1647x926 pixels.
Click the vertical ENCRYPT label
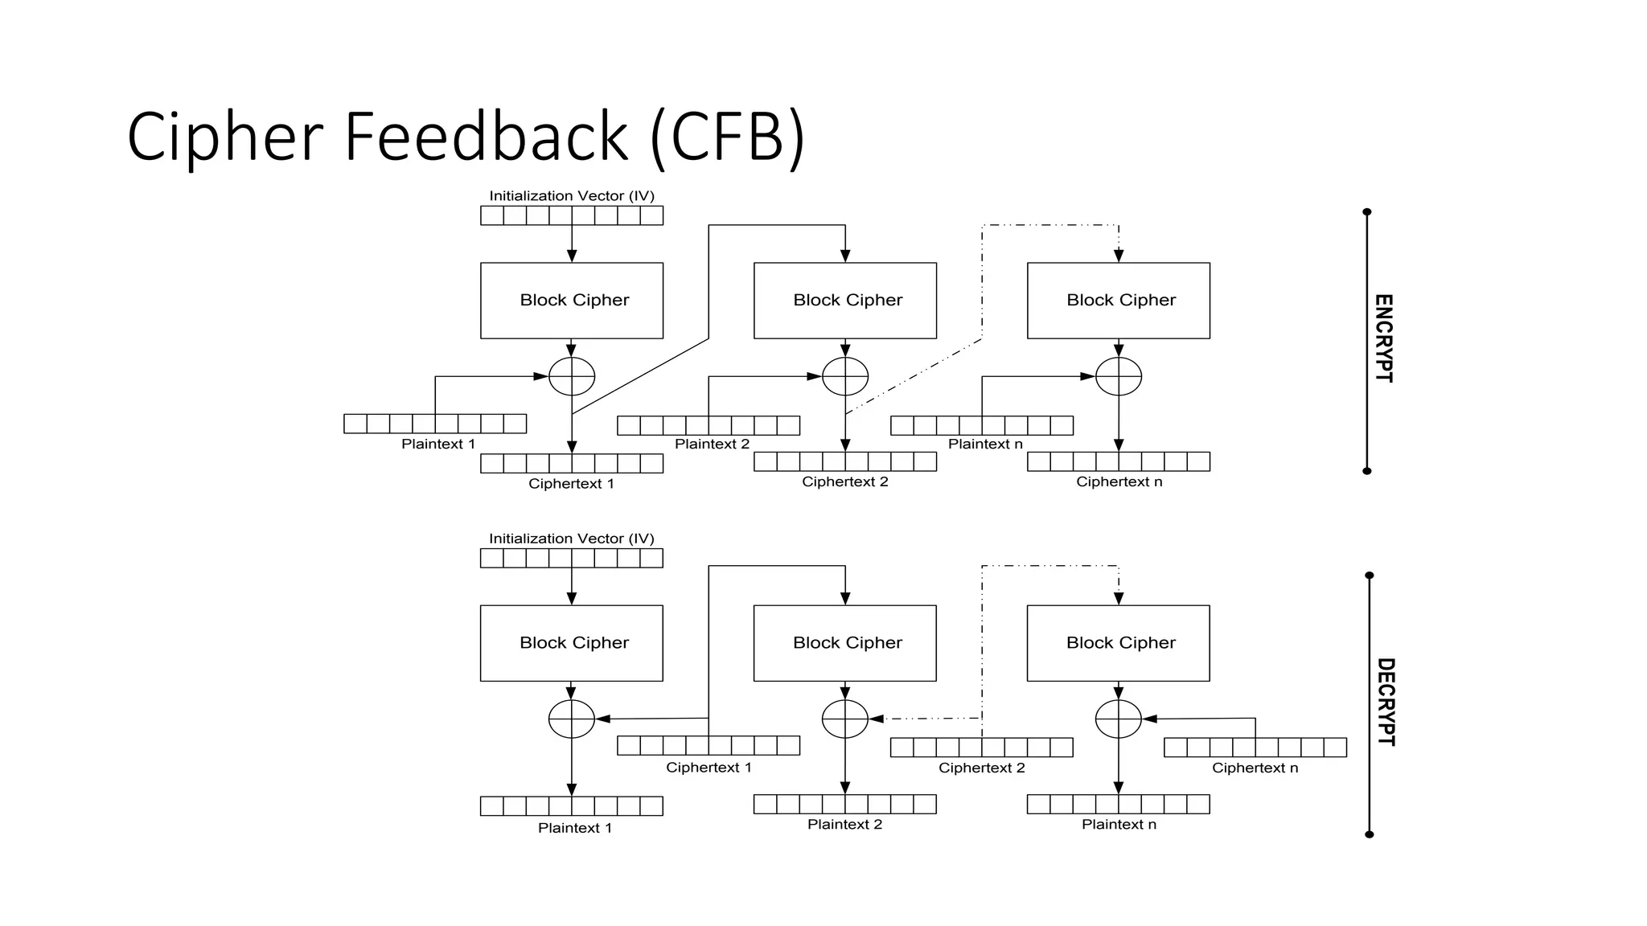point(1383,338)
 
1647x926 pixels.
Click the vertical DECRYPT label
point(1386,702)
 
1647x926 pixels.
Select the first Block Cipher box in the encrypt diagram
point(572,301)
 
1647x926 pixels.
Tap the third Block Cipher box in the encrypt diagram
point(1119,301)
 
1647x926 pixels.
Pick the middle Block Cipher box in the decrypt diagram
point(845,643)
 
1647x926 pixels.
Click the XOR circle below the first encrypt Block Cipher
point(572,376)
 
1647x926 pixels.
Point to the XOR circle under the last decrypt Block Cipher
point(1119,719)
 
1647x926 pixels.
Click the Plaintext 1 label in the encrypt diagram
point(438,445)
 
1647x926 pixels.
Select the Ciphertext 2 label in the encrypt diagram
point(845,482)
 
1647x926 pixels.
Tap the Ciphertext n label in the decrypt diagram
point(1255,768)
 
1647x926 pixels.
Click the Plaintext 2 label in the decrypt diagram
point(844,825)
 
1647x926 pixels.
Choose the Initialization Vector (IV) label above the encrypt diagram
point(572,196)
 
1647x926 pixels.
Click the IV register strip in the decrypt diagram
point(572,558)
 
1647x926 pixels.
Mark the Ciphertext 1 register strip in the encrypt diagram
point(572,463)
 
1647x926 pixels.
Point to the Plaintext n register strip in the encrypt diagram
point(982,425)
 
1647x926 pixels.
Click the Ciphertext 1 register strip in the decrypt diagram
point(708,745)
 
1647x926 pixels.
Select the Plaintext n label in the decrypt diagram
point(1119,825)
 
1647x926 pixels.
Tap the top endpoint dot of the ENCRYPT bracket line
point(1367,212)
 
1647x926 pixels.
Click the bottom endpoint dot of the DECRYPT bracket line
point(1370,834)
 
